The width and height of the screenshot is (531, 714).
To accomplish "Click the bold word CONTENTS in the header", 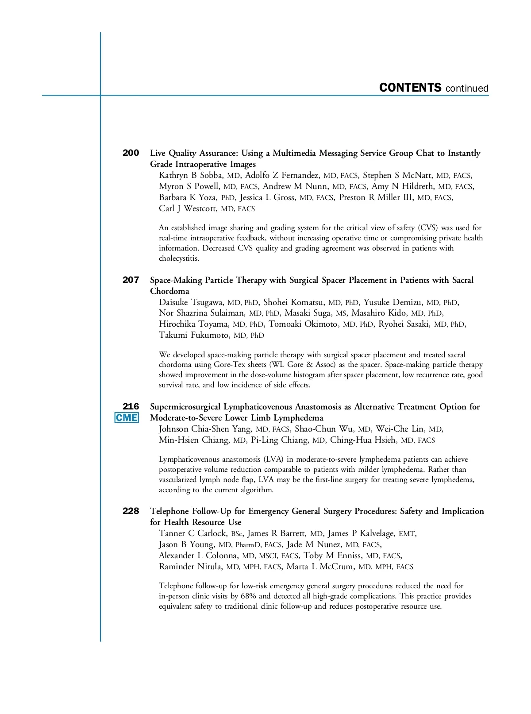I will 410,88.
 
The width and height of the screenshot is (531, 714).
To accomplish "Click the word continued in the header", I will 467,89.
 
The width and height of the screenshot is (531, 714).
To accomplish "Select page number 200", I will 131,153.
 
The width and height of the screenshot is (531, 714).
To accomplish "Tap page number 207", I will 131,280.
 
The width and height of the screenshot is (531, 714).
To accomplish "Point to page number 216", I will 131,406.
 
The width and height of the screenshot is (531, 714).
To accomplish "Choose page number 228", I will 131,511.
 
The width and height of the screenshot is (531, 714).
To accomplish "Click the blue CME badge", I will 127,418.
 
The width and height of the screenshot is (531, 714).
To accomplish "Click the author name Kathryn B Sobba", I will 191,175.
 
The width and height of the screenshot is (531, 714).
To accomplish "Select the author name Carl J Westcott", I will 188,208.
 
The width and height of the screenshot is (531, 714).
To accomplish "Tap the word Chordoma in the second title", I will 169,291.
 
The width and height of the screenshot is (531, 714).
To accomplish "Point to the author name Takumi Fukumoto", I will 194,335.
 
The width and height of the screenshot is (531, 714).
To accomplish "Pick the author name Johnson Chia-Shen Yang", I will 205,429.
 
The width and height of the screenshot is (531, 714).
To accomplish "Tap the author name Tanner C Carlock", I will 192,533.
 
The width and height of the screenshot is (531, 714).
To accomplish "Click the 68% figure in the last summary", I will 248,596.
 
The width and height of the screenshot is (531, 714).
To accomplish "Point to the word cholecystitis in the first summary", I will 179,258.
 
